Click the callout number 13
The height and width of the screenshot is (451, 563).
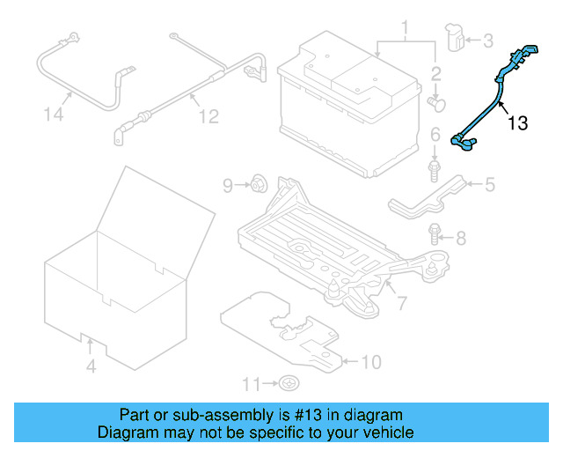coord(518,124)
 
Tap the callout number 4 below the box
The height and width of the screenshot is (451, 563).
coord(91,366)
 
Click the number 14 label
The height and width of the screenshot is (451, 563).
coord(55,115)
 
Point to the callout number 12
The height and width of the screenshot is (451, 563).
coord(207,115)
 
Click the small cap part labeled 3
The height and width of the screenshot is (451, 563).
coord(456,40)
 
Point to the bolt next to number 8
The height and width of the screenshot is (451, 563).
coord(435,233)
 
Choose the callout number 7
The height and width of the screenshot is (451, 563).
coord(402,304)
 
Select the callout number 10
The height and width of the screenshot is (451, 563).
coord(372,361)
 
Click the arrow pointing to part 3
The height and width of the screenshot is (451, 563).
coord(471,40)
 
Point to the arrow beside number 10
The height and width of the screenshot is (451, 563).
coord(349,360)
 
